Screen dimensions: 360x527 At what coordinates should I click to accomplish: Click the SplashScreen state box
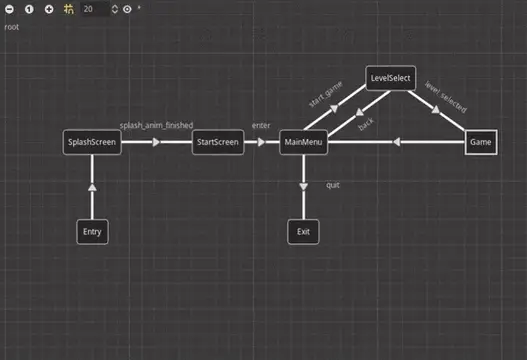92,143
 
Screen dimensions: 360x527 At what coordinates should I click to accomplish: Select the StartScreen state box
218,143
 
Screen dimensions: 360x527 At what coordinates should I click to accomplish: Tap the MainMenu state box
303,143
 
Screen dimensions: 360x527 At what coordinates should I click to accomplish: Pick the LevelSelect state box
391,78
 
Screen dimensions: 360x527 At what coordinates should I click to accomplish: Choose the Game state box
481,143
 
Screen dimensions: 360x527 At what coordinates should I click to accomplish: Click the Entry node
92,231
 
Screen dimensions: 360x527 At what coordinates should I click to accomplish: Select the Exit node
303,231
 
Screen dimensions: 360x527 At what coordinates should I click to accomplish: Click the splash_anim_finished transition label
156,126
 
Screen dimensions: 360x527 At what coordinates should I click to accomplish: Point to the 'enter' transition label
261,126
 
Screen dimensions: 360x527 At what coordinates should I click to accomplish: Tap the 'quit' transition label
333,185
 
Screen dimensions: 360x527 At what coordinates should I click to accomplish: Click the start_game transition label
325,101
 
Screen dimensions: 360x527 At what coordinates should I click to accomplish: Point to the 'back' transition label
366,125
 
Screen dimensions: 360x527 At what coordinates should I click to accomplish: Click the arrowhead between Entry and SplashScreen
92,187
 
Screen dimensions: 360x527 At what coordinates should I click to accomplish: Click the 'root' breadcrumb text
12,27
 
